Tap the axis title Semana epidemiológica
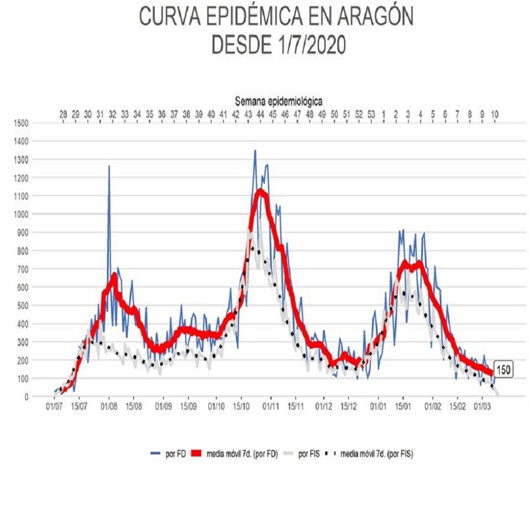278,101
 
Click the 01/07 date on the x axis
54,406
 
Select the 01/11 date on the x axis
270,406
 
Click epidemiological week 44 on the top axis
261,114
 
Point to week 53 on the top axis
371,114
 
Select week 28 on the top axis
63,114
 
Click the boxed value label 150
503,370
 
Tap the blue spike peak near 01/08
109,166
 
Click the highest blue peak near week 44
255,151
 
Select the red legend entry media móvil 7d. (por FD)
235,454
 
